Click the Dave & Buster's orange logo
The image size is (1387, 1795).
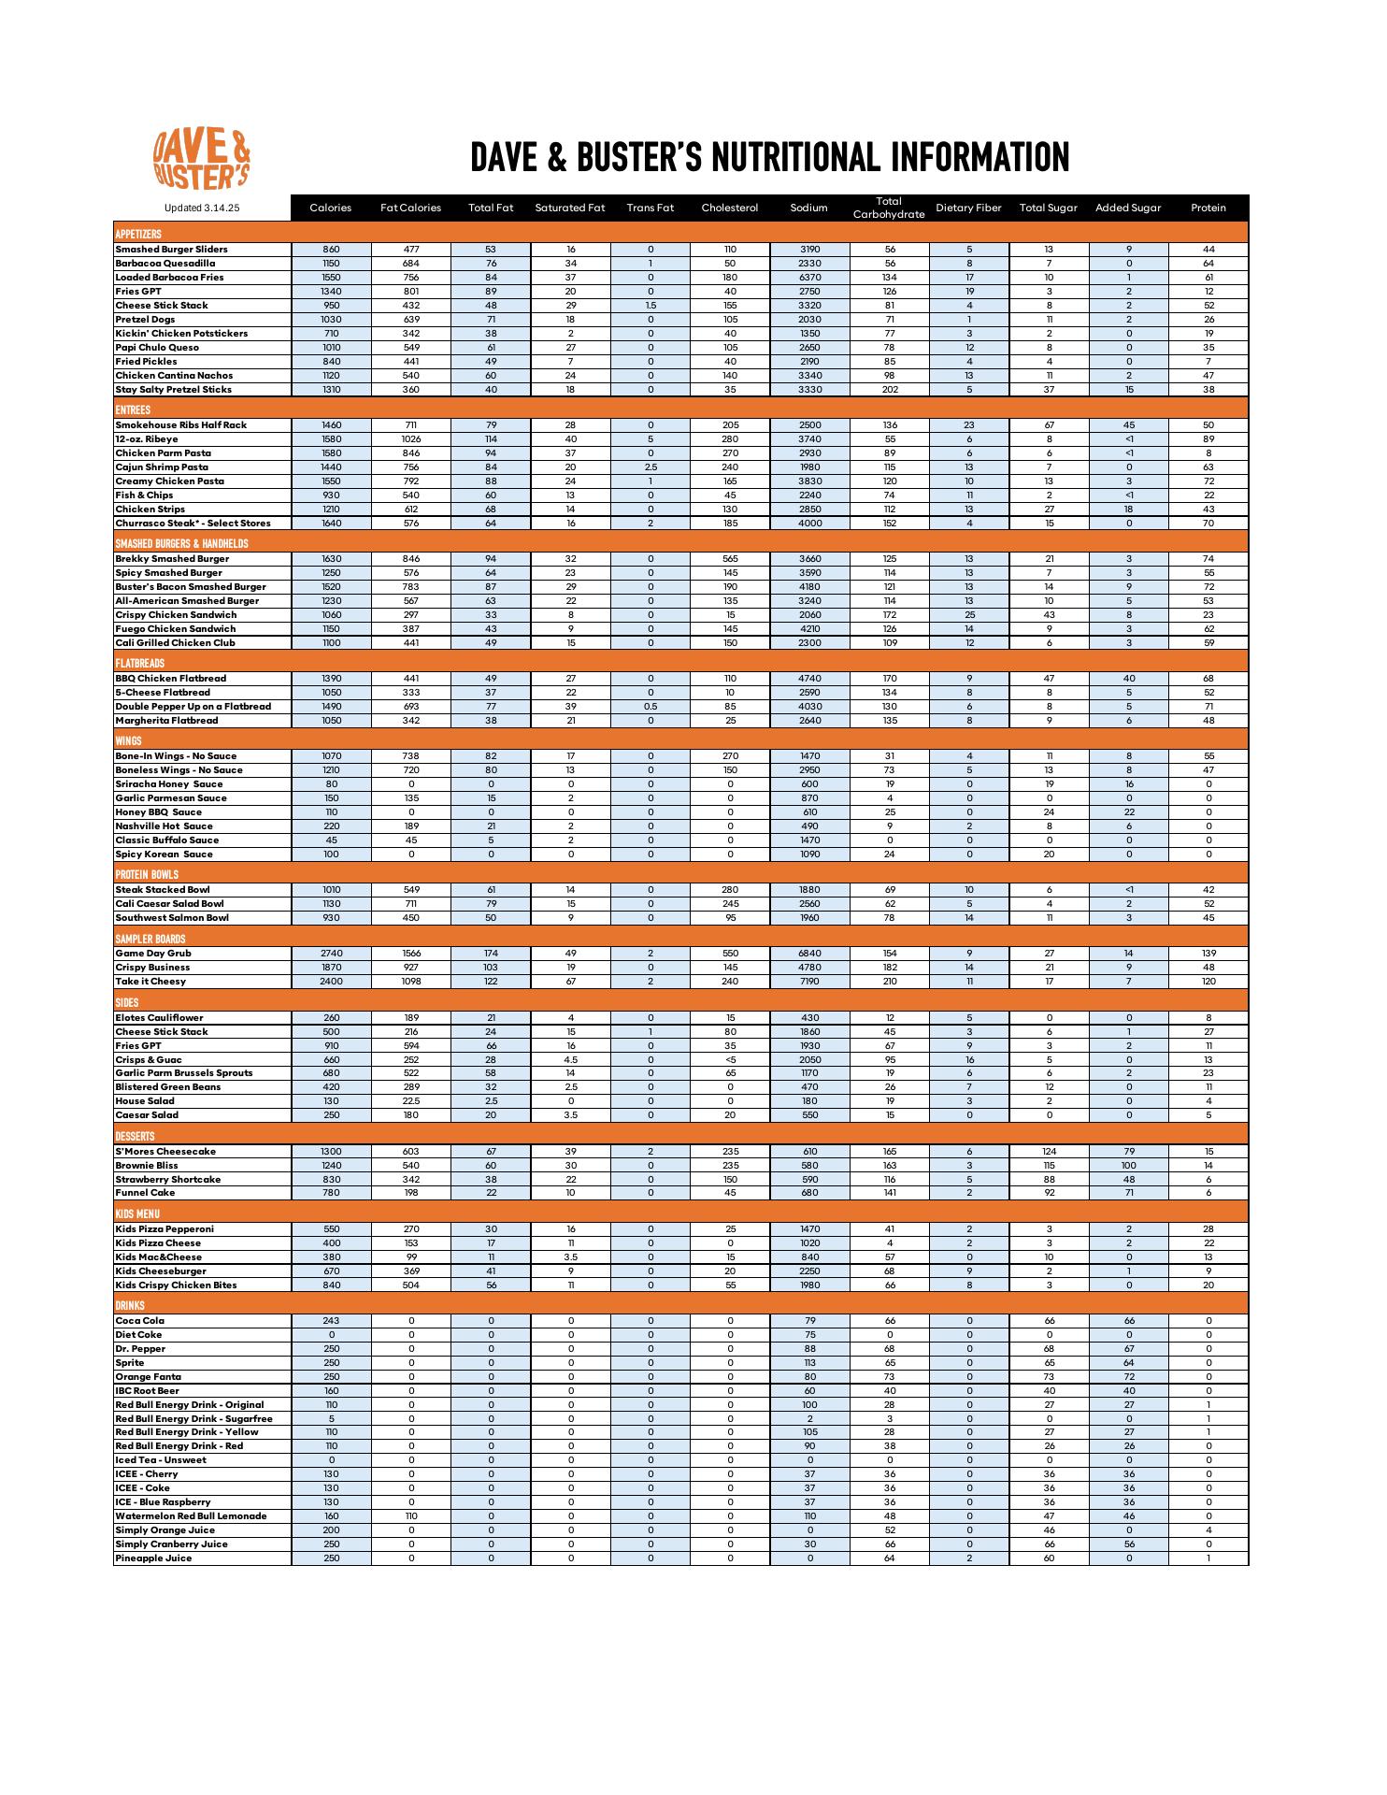pos(202,159)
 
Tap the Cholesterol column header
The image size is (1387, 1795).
pos(729,208)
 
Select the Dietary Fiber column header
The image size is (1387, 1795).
pos(968,208)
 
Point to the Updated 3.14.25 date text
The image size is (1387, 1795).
pos(202,208)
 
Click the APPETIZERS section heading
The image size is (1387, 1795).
pos(138,234)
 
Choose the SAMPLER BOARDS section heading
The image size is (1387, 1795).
pos(150,939)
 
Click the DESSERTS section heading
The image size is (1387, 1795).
pos(135,1137)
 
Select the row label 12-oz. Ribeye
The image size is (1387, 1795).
pos(147,439)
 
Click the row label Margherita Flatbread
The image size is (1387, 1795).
pos(166,721)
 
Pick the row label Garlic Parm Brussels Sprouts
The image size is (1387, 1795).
pos(184,1073)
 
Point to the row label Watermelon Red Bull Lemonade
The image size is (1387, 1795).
pos(191,1516)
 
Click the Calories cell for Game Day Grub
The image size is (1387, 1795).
pos(331,954)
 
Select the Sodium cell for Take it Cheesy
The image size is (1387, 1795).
pos(809,982)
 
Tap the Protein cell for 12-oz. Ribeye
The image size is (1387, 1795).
pos(1208,439)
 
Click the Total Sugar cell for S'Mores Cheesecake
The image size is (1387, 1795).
pos(1049,1152)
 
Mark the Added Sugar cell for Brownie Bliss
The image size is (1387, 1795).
pos(1128,1166)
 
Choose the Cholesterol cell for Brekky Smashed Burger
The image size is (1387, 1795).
pos(730,559)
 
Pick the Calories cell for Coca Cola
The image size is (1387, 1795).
pos(331,1321)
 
